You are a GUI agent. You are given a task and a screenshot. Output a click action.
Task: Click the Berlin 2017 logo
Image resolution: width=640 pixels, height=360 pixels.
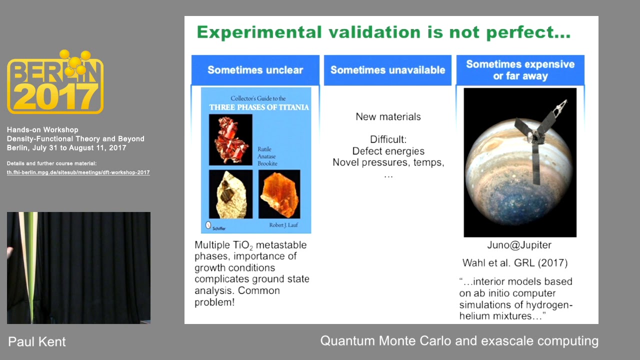point(55,82)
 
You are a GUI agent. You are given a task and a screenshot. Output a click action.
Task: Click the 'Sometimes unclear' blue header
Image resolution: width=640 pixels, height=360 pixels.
point(255,70)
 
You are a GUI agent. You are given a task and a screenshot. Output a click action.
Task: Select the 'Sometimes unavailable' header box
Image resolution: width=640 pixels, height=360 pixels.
point(387,70)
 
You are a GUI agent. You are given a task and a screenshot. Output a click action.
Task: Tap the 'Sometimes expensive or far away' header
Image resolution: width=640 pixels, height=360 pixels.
point(520,70)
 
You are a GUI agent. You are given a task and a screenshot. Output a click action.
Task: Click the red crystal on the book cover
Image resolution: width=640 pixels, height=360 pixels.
point(230,139)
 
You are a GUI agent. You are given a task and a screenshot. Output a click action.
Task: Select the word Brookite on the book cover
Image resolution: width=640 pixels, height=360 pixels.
point(267,163)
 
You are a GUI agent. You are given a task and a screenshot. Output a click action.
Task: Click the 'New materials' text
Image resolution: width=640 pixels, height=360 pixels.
point(388,117)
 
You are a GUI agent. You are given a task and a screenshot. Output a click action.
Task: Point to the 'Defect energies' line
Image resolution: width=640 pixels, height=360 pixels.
point(388,151)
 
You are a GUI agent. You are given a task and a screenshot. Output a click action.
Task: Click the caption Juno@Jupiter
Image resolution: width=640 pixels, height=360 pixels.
point(519,245)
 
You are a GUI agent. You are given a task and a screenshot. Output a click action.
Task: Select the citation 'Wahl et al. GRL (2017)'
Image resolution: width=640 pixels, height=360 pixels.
point(515,263)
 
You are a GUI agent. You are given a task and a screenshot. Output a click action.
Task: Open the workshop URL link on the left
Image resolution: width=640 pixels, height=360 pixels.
point(78,172)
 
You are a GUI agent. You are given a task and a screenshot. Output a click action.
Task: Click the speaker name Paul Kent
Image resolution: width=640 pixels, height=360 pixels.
point(37,342)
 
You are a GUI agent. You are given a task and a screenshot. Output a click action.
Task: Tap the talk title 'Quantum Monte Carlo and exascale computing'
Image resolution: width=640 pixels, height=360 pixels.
point(459,341)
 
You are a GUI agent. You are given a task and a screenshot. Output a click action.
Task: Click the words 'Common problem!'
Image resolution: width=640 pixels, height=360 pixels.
point(237,296)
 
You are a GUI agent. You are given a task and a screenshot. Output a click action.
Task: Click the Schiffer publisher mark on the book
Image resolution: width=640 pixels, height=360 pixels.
point(215,226)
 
